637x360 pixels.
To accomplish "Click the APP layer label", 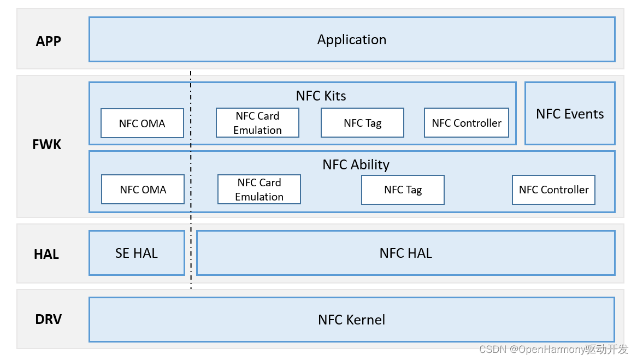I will point(49,41).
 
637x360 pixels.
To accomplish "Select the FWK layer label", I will point(46,145).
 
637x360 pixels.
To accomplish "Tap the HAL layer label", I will point(46,254).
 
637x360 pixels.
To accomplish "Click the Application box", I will point(352,39).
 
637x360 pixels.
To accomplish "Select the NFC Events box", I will point(570,114).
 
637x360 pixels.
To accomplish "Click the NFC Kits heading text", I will point(321,96).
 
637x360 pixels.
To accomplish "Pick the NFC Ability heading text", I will point(356,164).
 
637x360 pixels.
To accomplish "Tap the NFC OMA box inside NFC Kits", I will point(142,123).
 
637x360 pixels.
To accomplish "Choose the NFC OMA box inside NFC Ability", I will point(143,190).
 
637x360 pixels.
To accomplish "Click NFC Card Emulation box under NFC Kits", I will point(257,123).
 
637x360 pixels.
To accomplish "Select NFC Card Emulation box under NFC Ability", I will point(259,190).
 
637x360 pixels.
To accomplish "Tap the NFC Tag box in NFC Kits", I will point(362,123).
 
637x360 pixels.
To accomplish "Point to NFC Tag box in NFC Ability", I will point(403,190).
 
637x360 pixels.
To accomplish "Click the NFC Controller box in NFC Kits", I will point(467,123).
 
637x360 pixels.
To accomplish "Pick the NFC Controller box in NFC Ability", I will point(553,190).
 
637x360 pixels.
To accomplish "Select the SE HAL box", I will point(137,253).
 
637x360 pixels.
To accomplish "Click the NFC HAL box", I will point(405,253).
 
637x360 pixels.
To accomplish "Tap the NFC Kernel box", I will point(352,320).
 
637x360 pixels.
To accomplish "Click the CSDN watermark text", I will point(553,349).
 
